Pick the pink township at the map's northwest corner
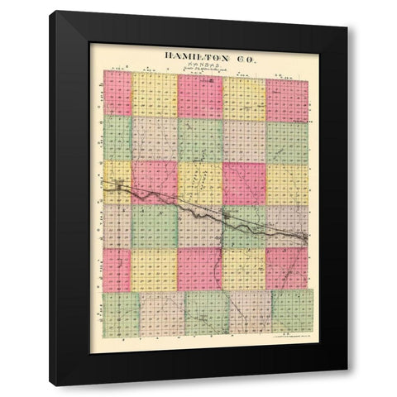click(117, 93)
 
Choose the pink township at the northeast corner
click(288, 100)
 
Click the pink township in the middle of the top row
click(199, 98)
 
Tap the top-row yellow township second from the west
click(155, 95)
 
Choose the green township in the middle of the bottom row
click(207, 313)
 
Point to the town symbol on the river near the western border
click(116, 188)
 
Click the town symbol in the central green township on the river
click(225, 217)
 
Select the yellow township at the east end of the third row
click(288, 184)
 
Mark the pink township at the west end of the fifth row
click(117, 270)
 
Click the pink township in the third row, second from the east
click(244, 183)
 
